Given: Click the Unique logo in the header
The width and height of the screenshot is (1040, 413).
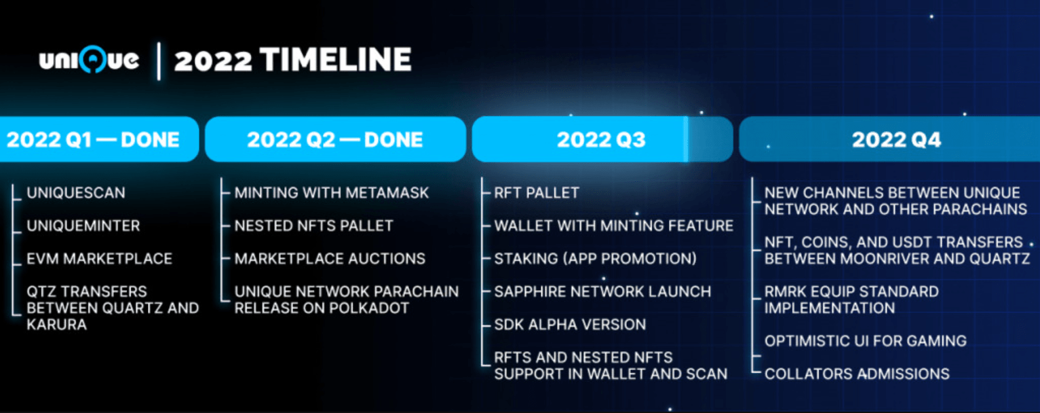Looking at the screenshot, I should point(89,60).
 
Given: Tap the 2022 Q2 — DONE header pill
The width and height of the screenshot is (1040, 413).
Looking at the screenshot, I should point(335,140).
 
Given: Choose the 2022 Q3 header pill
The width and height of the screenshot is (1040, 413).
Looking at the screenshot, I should point(601,140).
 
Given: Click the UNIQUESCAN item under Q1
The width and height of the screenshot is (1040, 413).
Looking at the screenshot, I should point(76,193).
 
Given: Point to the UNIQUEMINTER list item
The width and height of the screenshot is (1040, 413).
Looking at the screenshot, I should point(83,226).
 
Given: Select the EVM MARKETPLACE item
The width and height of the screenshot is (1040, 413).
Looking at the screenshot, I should point(99,259).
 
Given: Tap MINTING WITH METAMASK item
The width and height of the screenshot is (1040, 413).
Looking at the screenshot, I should point(332,193).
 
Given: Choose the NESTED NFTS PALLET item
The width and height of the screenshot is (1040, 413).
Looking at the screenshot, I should point(313,226).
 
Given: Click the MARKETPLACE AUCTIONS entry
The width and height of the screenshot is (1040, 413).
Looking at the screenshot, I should point(330,259).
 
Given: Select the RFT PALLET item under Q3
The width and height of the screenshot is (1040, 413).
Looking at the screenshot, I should point(537,193).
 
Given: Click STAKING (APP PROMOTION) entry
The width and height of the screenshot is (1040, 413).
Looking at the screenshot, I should point(595,259).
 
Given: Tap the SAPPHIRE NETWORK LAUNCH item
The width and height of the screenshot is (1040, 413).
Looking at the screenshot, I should point(602,291).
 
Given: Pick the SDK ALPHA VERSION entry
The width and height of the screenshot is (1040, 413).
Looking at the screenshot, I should point(570,325).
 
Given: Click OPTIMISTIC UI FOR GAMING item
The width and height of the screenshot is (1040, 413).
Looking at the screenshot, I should point(865,341).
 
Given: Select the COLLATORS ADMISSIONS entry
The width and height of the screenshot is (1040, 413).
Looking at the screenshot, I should point(857,374).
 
